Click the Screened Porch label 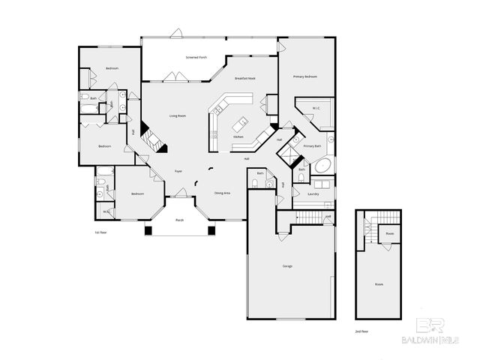tap(197, 58)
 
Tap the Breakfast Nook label tap(245, 78)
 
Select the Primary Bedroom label tap(305, 76)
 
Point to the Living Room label tap(178, 115)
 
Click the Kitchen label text tap(238, 137)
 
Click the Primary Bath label tap(313, 145)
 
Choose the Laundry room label tap(313, 193)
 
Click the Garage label tap(287, 266)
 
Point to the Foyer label tap(178, 171)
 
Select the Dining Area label tap(223, 193)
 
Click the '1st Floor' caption tap(100, 232)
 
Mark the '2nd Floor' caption tap(362, 330)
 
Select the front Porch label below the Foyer tap(179, 220)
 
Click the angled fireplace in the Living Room tap(154, 139)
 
